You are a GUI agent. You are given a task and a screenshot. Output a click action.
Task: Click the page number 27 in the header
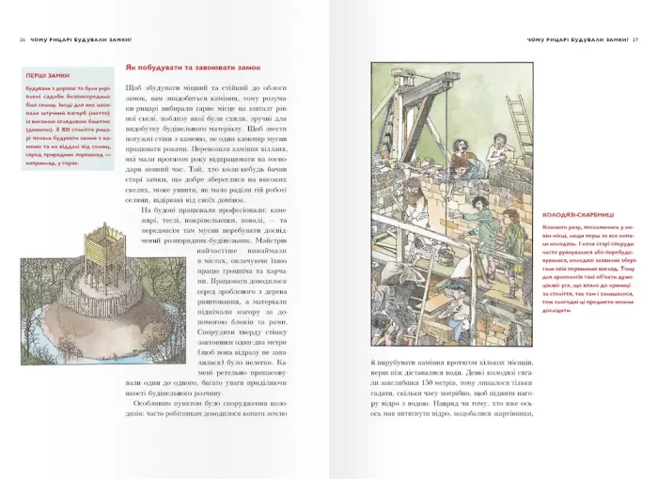(635, 39)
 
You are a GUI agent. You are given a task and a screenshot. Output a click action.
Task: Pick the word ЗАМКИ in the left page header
(119, 39)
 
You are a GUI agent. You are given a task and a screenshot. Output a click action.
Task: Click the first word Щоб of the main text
(135, 89)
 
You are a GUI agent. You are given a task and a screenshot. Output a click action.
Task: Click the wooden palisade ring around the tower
(66, 282)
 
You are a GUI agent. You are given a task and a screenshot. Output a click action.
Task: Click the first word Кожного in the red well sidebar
(556, 230)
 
